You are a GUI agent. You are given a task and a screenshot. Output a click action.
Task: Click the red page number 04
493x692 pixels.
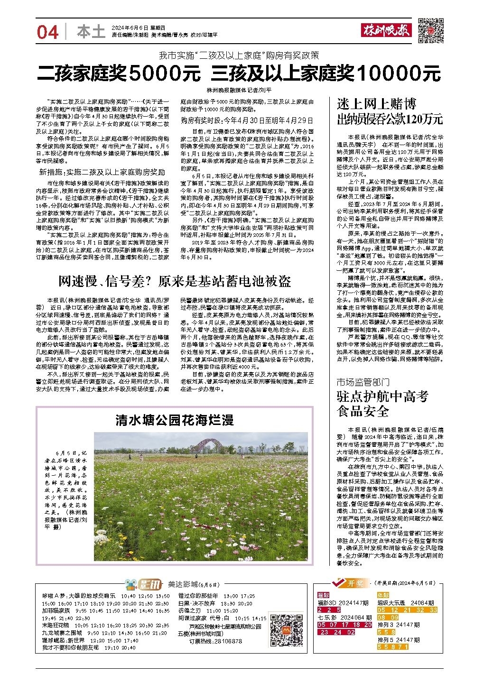pos(47,32)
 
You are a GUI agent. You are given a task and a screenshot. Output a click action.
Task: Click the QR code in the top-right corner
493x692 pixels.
pos(430,30)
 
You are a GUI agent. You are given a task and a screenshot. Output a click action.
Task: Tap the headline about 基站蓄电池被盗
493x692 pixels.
pos(175,281)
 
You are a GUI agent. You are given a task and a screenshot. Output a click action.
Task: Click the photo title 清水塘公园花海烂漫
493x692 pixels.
pos(175,420)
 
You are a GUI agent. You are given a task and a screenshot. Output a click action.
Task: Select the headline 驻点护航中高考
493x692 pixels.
pos(382,396)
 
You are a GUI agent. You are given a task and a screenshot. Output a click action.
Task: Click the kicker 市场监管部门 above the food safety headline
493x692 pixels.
pos(363,382)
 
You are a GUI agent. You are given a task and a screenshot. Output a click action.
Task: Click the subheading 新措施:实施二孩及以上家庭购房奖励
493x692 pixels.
pos(102,172)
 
